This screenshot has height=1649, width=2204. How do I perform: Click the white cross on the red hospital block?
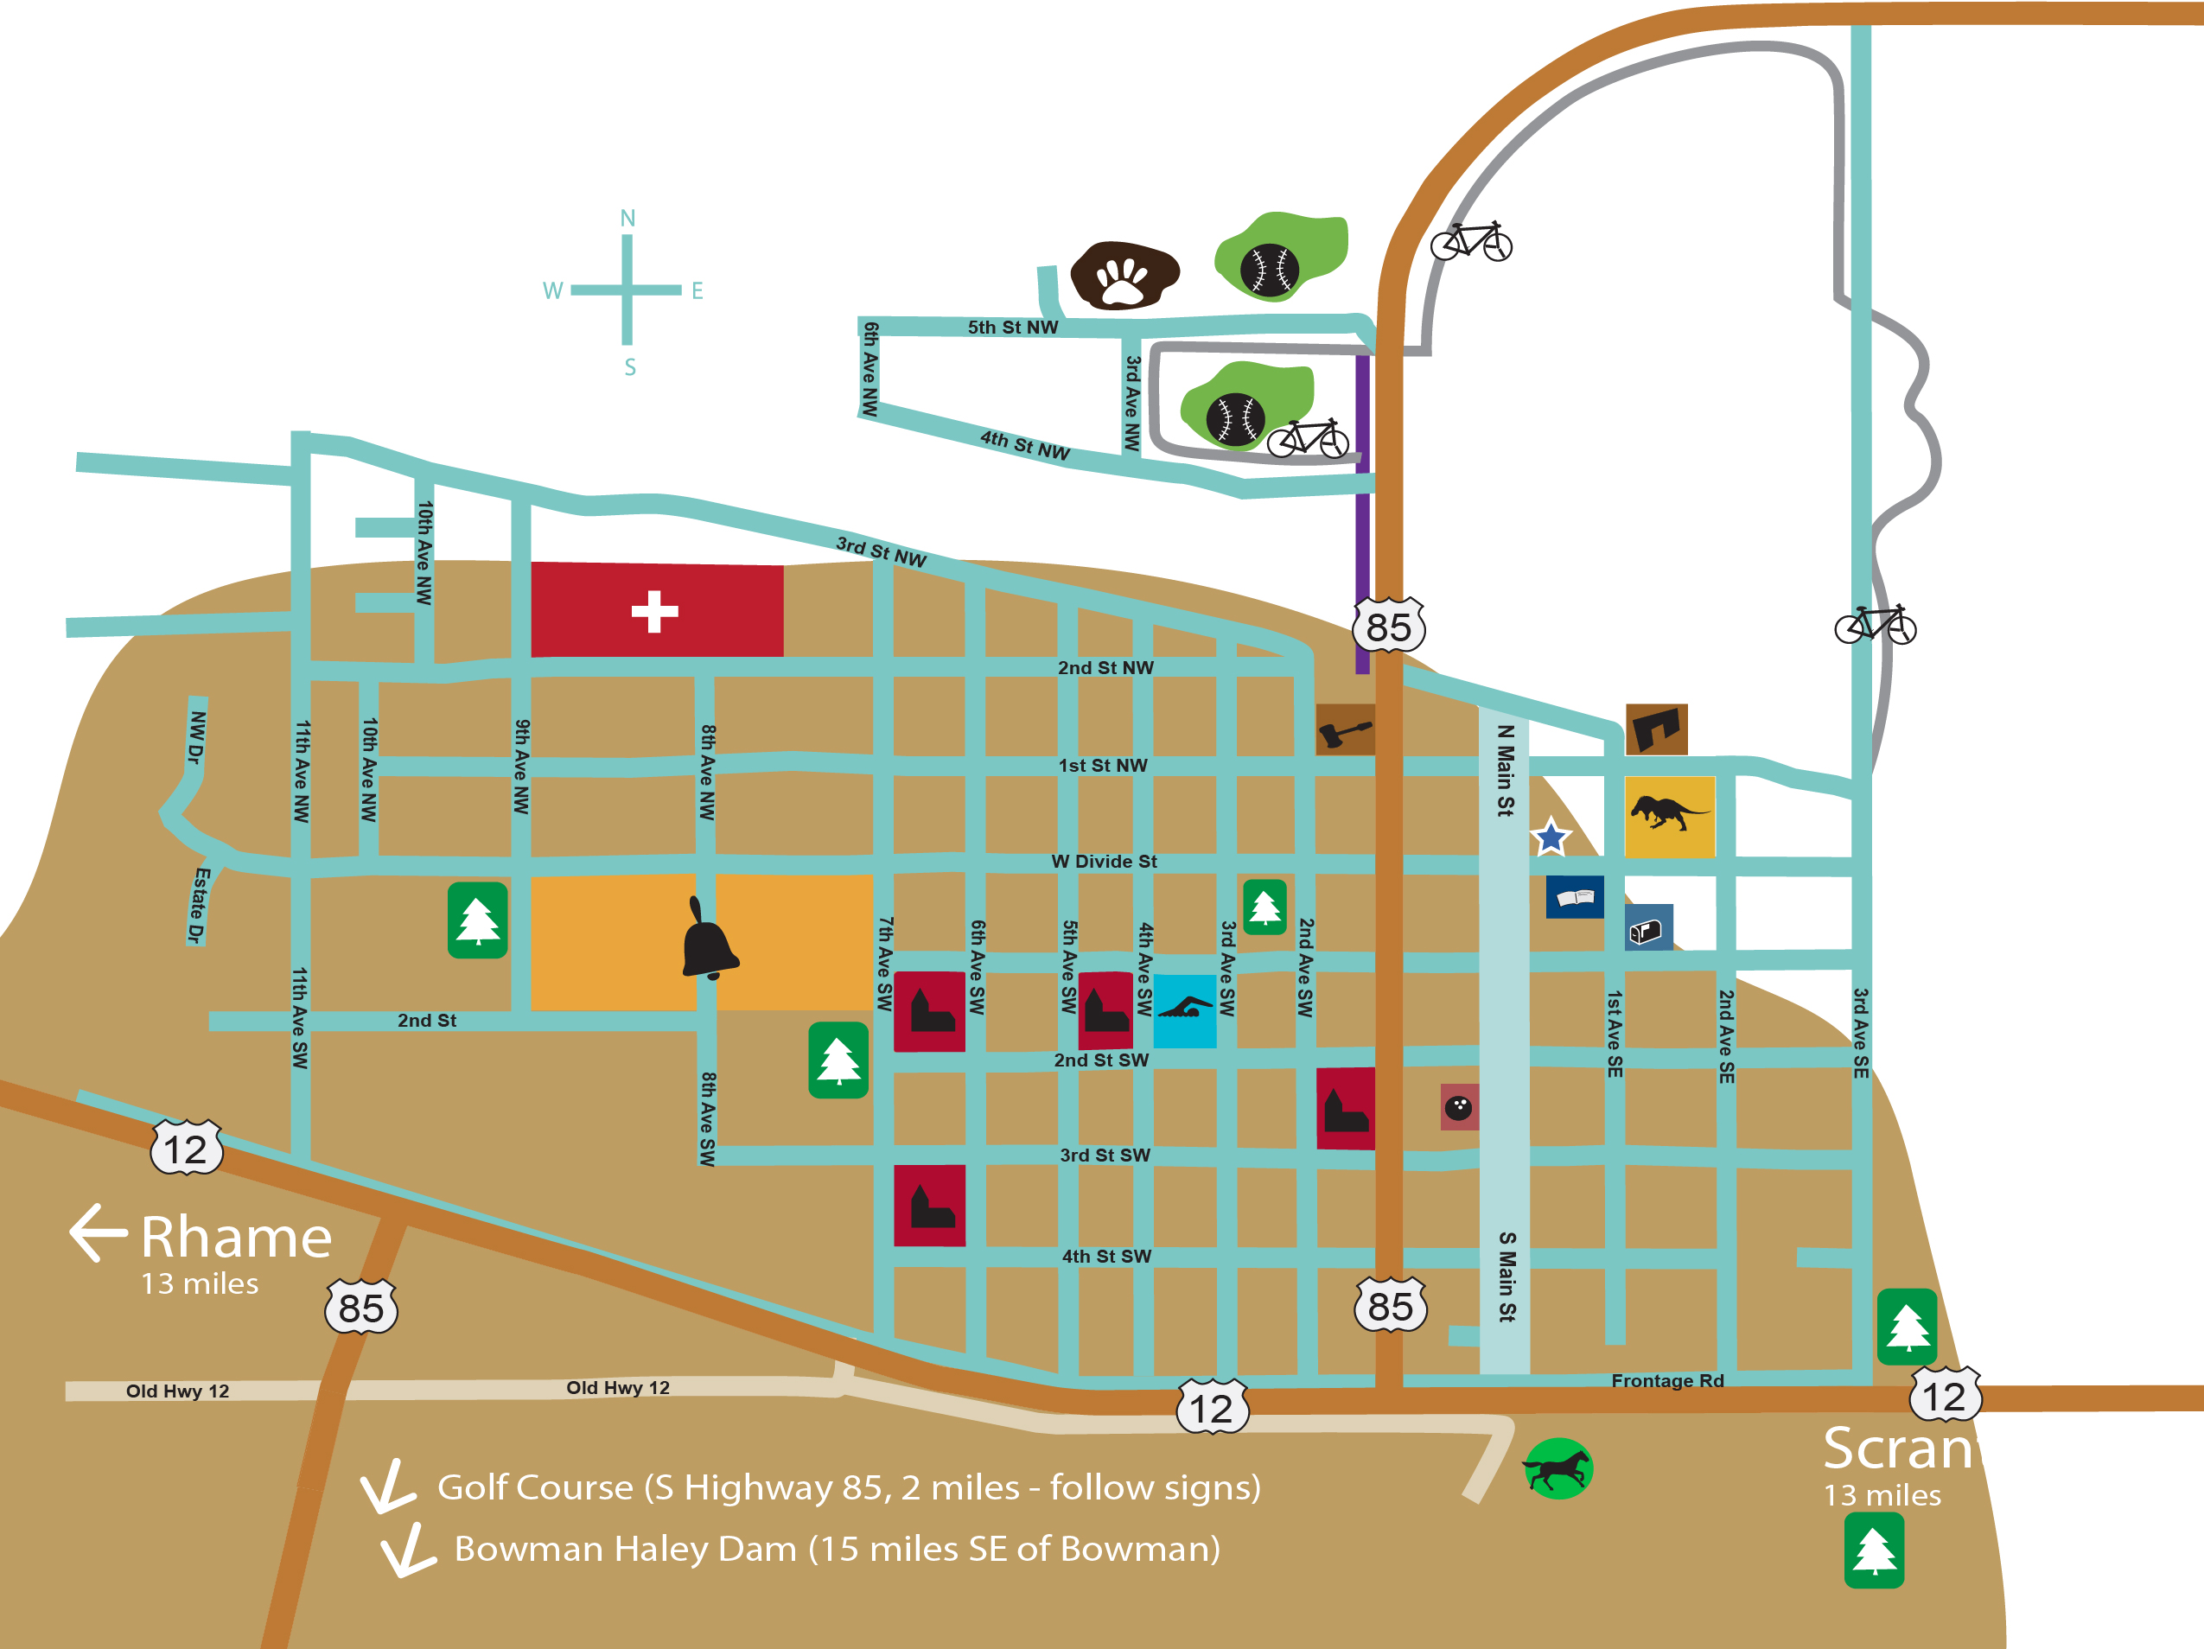click(654, 611)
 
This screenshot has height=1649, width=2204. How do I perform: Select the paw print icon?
click(1124, 276)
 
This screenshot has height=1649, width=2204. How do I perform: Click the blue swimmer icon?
click(1185, 1010)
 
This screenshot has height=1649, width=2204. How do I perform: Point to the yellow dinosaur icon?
click(1669, 816)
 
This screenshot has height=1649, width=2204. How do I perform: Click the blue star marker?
click(1551, 837)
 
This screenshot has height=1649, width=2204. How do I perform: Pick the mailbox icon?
click(1648, 928)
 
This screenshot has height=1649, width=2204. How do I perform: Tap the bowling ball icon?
click(1459, 1107)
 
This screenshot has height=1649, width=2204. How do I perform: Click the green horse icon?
click(1557, 1468)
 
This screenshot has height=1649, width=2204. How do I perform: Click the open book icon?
click(1574, 897)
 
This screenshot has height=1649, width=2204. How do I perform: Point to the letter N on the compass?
click(627, 218)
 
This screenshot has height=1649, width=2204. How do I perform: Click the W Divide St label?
click(1104, 861)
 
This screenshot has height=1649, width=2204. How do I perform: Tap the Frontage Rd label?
click(1667, 1380)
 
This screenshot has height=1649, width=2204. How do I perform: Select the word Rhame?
click(236, 1238)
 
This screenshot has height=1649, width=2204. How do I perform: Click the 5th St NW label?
click(1012, 327)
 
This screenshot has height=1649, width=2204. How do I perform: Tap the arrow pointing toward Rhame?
click(98, 1232)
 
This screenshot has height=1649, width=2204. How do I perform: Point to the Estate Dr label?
click(201, 905)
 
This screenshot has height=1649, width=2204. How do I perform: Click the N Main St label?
click(1506, 769)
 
